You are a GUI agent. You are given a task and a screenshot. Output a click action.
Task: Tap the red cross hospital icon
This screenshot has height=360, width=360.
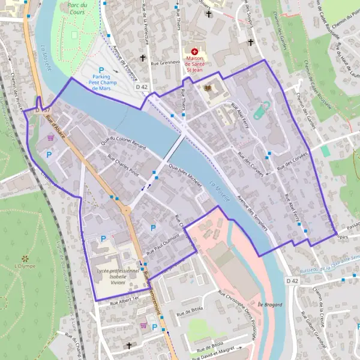[x=194, y=52]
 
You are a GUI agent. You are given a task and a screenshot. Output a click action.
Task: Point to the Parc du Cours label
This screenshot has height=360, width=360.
[x=77, y=8]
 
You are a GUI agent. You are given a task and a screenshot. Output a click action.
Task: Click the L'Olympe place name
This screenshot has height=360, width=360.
[x=25, y=265]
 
